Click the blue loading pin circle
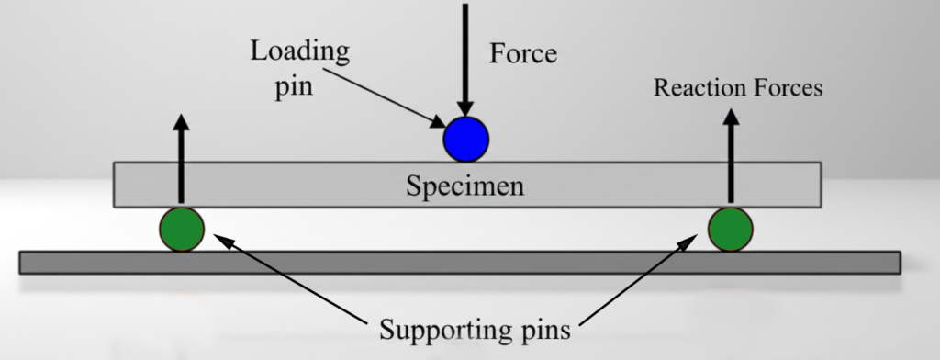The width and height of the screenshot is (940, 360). pos(466,140)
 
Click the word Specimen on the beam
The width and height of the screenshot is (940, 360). pos(465,186)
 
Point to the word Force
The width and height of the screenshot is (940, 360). pos(522,53)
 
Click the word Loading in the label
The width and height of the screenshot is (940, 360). pos(299,51)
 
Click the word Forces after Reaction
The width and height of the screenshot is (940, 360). pos(787,88)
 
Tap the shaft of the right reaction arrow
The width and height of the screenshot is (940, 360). pos(731,165)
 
